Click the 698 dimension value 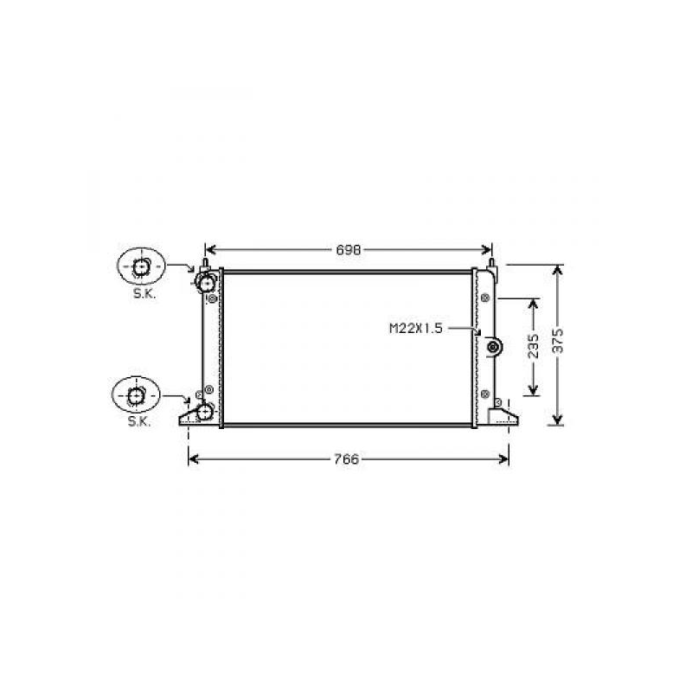click(349, 250)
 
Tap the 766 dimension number click(347, 459)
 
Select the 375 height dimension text click(558, 340)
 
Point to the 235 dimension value click(534, 345)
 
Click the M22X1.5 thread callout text click(415, 329)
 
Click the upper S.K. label click(144, 294)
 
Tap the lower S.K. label click(139, 421)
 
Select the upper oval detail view click(141, 266)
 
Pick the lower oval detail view click(136, 395)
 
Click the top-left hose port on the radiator click(206, 283)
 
